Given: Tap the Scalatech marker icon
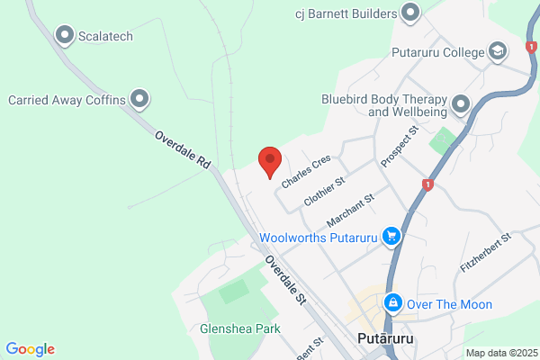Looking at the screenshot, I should [65, 35].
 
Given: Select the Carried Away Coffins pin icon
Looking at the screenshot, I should [139, 99].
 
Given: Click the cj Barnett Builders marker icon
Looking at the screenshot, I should [410, 13].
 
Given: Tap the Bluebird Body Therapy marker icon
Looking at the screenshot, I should [461, 104].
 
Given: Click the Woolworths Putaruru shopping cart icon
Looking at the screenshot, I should [391, 238].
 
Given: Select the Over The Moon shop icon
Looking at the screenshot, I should [392, 303].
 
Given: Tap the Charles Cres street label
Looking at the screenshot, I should [306, 171].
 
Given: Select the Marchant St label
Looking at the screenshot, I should [350, 210].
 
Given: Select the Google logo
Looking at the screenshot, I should [30, 349].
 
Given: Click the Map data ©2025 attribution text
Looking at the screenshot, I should [500, 353].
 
